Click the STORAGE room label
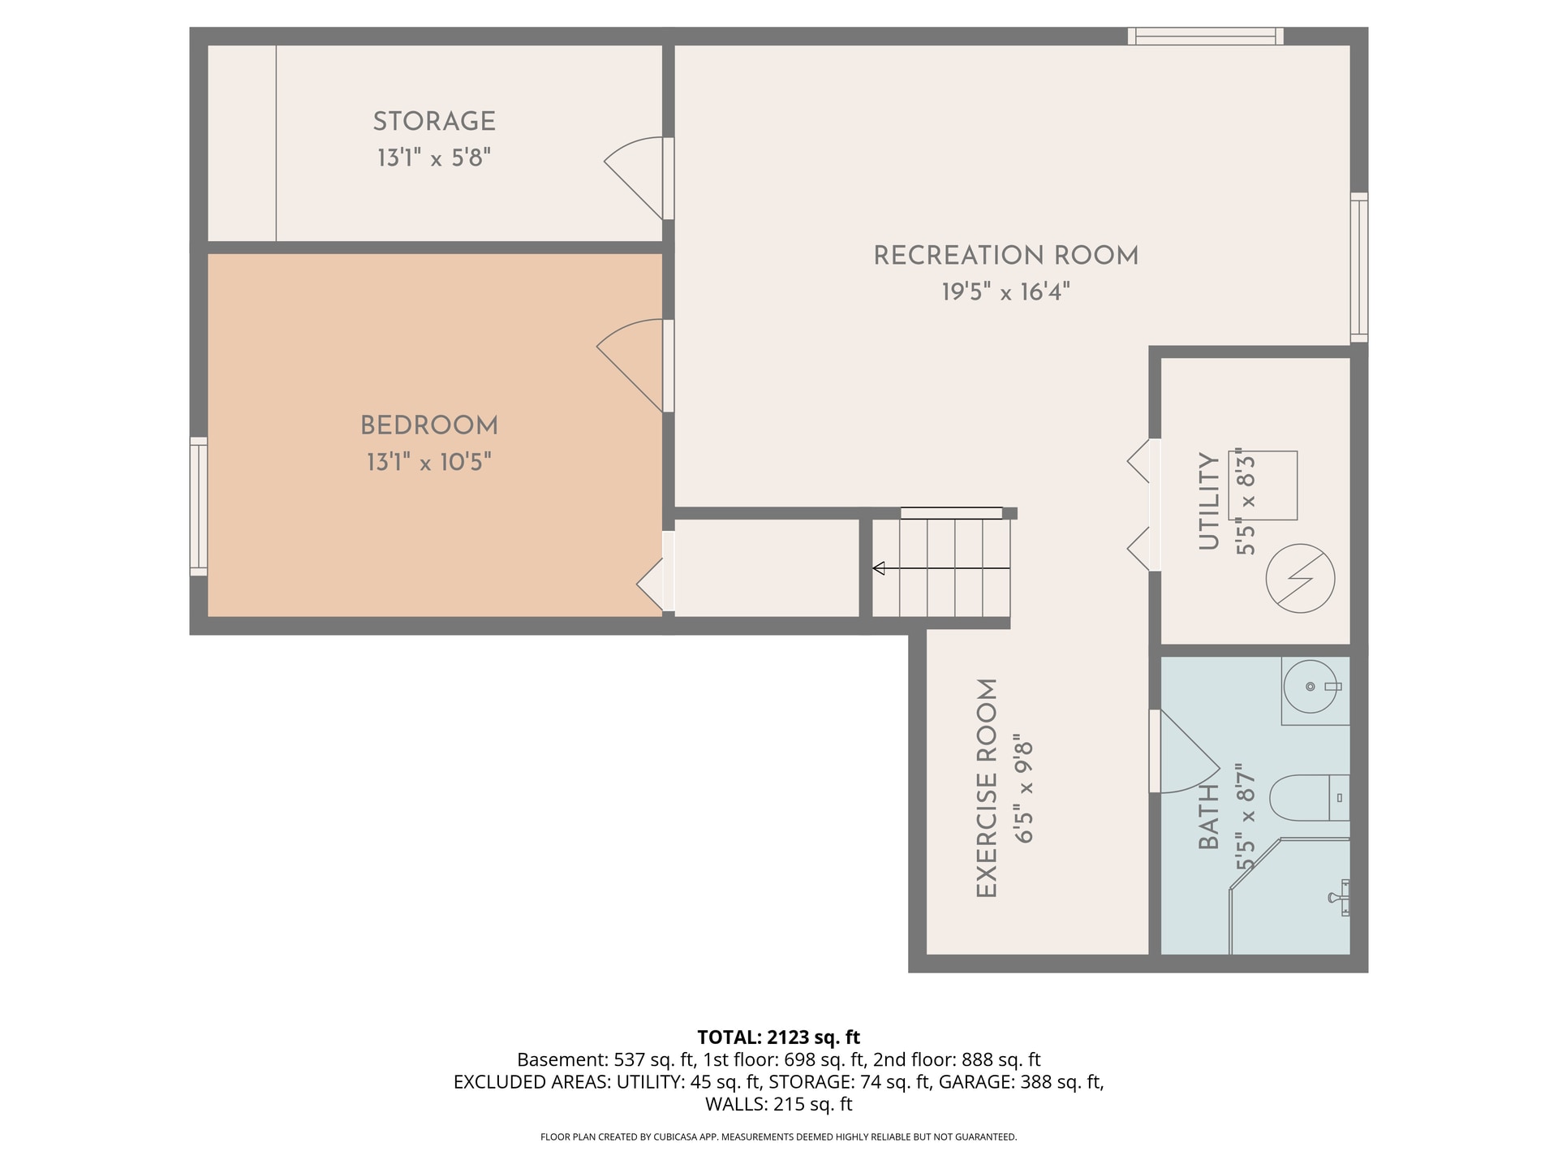pos(434,122)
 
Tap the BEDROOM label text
pos(428,426)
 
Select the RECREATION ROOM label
pos(1005,256)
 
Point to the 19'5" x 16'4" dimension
pos(1005,291)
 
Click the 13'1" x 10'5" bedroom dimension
pos(428,462)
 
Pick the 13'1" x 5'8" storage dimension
pos(434,157)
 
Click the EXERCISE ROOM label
pos(986,788)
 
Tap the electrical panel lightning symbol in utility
pos(1300,578)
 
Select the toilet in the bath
pos(1309,798)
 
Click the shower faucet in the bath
pos(1340,897)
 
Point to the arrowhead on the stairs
pos(878,568)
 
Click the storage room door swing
pos(633,178)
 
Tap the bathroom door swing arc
pos(1190,752)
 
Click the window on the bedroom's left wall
pos(198,507)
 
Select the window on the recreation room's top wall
pos(1205,36)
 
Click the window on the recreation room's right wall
pos(1359,268)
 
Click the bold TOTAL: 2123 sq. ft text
pos(779,1037)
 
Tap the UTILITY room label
pos(1209,502)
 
